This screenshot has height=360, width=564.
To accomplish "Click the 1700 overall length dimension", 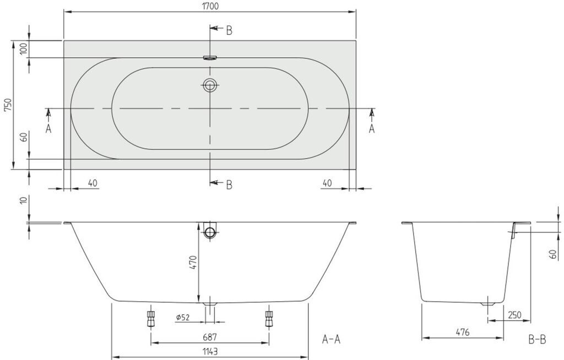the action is [210, 7].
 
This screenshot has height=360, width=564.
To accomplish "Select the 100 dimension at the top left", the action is [24, 48].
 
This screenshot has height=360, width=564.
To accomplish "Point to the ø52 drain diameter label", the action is [183, 317].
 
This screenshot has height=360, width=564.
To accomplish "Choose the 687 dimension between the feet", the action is [210, 337].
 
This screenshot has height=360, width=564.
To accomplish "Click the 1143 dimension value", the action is [210, 351].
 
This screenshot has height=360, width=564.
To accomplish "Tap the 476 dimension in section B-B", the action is [463, 332].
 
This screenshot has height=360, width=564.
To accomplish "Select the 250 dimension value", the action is [514, 315].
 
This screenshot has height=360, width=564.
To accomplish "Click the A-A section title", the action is [331, 339].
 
